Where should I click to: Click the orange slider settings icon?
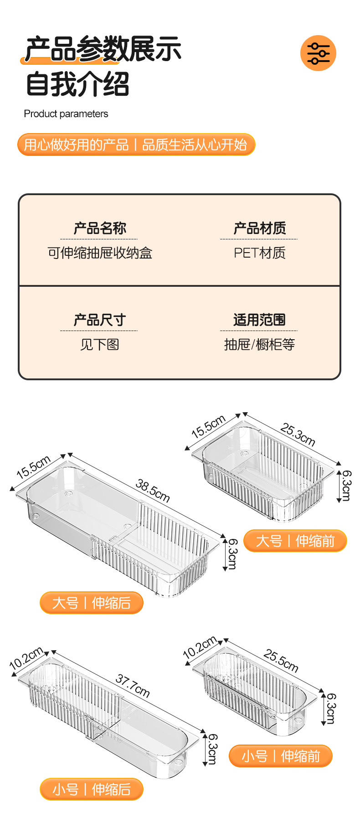point(318,53)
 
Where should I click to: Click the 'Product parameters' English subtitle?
point(66,114)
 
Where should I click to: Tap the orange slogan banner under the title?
point(136,145)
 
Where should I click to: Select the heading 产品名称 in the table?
point(100,228)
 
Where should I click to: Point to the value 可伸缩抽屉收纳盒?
point(100,253)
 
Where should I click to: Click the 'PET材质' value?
point(259,253)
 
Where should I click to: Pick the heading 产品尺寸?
point(100,320)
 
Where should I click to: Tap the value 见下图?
point(100,345)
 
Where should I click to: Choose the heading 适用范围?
point(259,320)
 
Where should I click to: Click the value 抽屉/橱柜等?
point(259,345)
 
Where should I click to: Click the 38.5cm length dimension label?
point(153,491)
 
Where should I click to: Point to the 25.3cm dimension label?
point(298,434)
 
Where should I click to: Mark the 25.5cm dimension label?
point(281,661)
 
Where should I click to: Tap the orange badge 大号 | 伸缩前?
point(295,541)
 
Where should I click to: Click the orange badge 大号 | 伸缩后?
point(92,603)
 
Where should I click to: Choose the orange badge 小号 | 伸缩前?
point(280,756)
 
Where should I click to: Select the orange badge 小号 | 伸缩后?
point(92,789)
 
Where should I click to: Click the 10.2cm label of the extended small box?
point(26,658)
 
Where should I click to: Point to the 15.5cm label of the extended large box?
point(33,467)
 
